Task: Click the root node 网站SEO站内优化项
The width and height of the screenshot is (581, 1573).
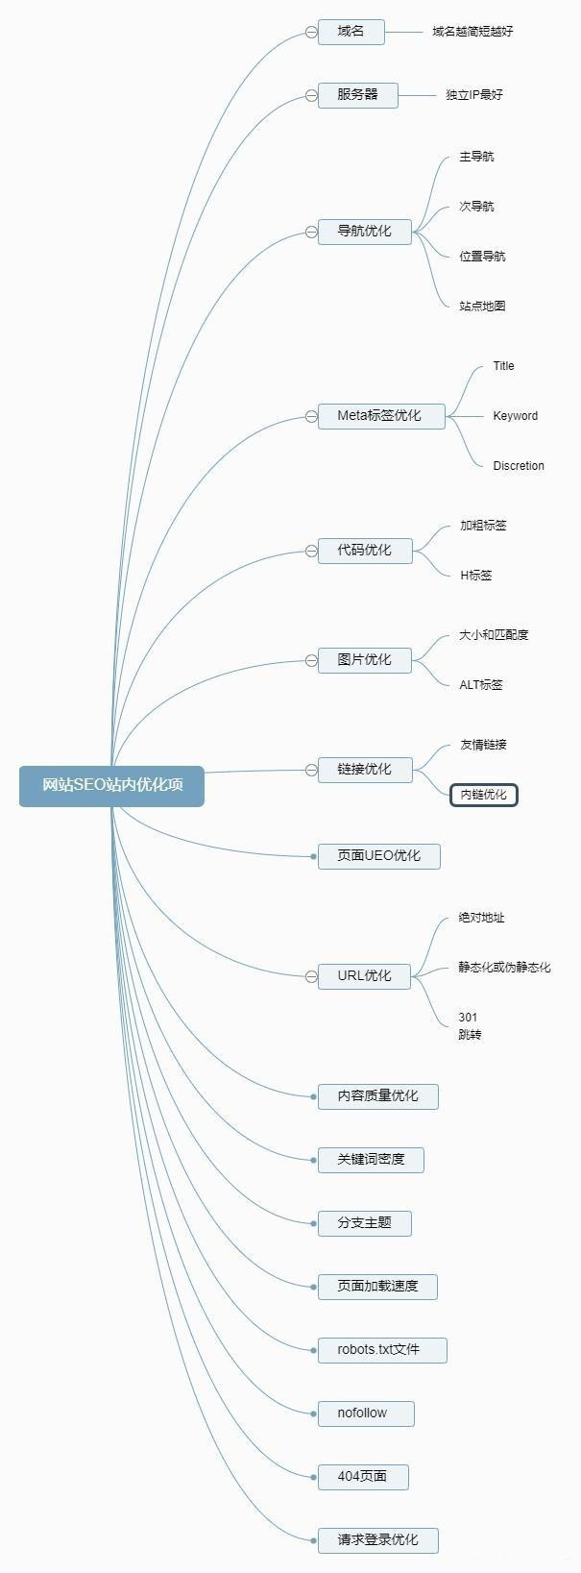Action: [111, 786]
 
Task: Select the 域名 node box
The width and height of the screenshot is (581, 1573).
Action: [351, 32]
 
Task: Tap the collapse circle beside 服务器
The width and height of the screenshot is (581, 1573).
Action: [311, 95]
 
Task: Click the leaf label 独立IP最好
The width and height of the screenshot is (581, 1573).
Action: [473, 95]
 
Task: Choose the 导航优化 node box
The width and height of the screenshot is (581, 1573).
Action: [364, 232]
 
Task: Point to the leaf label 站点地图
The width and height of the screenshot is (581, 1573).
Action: [482, 307]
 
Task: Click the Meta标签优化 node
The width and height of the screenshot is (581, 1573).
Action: [381, 416]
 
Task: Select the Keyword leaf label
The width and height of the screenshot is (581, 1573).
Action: [515, 416]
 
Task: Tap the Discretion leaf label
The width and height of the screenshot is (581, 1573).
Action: [519, 466]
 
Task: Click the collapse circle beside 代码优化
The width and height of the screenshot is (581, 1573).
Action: [311, 551]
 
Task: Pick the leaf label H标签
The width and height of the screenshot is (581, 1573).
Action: [475, 576]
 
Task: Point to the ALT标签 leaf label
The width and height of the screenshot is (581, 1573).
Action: [480, 685]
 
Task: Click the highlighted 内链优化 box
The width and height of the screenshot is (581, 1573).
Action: [483, 795]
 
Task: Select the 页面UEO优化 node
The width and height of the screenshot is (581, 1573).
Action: [378, 856]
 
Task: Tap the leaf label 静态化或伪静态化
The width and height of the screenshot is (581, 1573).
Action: [504, 968]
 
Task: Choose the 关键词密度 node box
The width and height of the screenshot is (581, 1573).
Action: [371, 1160]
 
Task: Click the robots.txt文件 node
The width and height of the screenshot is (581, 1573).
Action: [381, 1350]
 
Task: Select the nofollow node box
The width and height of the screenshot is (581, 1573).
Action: [365, 1413]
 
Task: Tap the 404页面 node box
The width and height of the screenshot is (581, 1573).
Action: [363, 1477]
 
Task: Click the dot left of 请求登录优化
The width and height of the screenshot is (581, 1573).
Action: [314, 1540]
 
